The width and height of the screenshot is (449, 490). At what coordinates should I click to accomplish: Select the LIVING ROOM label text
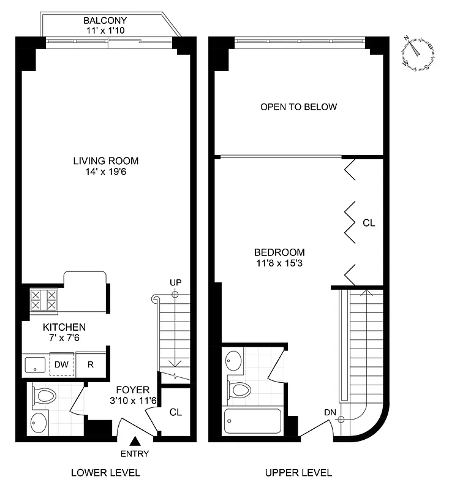coord(106,161)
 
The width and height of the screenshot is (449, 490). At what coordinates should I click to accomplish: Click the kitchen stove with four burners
coord(43,301)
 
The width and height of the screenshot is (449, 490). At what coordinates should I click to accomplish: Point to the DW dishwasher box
coord(61,364)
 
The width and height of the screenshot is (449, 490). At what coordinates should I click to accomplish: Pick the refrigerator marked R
coord(91,364)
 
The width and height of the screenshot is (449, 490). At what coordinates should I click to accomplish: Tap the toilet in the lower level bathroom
coord(45,396)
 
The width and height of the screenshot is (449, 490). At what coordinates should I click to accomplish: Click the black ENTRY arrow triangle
coord(135,440)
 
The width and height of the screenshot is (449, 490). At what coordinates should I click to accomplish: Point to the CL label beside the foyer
coord(176,412)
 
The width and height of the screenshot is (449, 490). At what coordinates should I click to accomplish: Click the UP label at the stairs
coord(175,282)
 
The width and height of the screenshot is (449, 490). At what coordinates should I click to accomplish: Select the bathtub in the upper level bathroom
coord(252,422)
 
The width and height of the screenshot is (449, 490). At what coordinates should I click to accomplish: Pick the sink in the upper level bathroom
coord(234,361)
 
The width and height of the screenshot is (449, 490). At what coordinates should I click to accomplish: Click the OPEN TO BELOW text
coord(298,107)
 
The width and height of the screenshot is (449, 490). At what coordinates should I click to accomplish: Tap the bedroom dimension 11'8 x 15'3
coord(279,263)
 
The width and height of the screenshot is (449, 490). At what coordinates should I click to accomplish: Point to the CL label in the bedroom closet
coord(368,224)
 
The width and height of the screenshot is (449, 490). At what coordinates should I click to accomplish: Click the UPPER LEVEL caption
coord(298,473)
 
